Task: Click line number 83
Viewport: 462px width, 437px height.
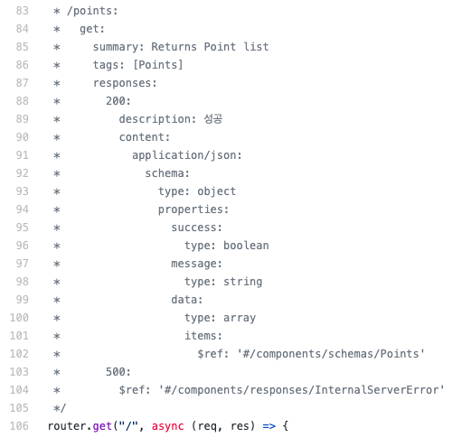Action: pyautogui.click(x=22, y=11)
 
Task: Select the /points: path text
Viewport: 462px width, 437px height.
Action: pyautogui.click(x=92, y=11)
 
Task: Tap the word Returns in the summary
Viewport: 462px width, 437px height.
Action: pyautogui.click(x=174, y=47)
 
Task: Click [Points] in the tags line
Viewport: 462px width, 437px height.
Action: pyautogui.click(x=158, y=65)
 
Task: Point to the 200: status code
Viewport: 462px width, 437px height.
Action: pyautogui.click(x=118, y=101)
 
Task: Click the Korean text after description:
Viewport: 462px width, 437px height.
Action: pyautogui.click(x=213, y=119)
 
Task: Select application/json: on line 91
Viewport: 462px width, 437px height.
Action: pyautogui.click(x=187, y=155)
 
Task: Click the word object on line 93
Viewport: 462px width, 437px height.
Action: pyautogui.click(x=216, y=191)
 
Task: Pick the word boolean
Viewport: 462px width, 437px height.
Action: pyautogui.click(x=246, y=246)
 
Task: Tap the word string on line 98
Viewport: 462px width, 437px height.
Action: pyautogui.click(x=242, y=282)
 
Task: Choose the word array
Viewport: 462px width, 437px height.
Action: pyautogui.click(x=240, y=318)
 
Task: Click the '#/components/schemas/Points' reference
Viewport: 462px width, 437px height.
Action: pyautogui.click(x=331, y=354)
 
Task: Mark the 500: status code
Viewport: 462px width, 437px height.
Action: pyautogui.click(x=118, y=372)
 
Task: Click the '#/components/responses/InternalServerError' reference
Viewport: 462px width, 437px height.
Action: pyautogui.click(x=301, y=390)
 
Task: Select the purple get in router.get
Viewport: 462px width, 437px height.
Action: pyautogui.click(x=102, y=426)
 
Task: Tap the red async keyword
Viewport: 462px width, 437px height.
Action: pyautogui.click(x=167, y=426)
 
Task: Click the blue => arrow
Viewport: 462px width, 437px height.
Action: pyautogui.click(x=269, y=426)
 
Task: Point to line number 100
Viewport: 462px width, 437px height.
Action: pyautogui.click(x=19, y=318)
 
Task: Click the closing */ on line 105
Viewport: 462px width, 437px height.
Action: pyautogui.click(x=60, y=408)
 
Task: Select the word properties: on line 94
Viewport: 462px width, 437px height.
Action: pyautogui.click(x=193, y=209)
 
